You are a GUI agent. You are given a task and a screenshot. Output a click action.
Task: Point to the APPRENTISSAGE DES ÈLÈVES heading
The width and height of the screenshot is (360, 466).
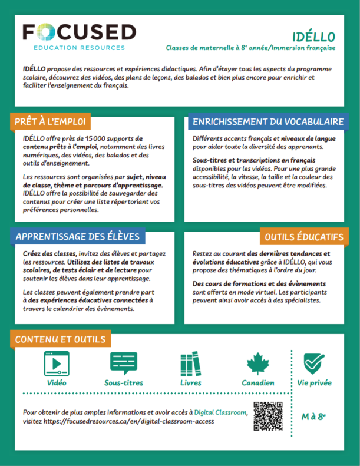[x=77, y=236]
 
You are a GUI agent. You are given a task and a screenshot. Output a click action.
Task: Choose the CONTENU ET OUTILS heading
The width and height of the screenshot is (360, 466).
[x=60, y=339]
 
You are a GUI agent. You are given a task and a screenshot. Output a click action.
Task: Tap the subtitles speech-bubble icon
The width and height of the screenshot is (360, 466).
[x=124, y=363]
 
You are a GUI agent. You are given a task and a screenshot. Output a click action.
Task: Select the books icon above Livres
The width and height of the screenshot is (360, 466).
[x=190, y=363]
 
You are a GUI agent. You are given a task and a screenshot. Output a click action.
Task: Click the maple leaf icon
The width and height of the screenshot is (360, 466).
[x=257, y=363]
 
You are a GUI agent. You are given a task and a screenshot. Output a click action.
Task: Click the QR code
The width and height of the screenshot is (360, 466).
[x=268, y=416]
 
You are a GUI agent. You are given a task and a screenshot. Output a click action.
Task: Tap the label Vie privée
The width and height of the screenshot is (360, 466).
[x=314, y=383]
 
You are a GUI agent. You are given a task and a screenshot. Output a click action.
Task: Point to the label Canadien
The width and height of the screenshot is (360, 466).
[x=257, y=383]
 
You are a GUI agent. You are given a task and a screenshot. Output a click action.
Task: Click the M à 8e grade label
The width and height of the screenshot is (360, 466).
[x=313, y=417]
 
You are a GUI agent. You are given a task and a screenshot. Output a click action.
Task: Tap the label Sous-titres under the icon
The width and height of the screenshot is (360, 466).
[x=124, y=383]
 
